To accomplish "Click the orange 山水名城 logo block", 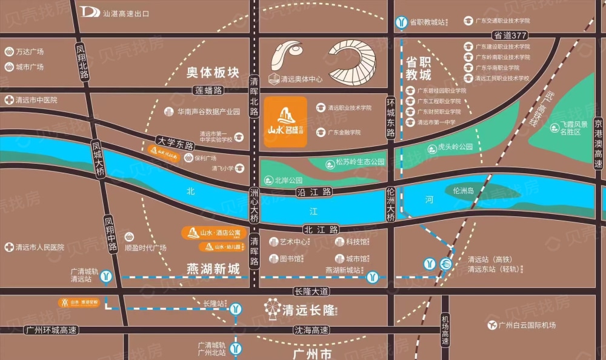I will click(285, 121).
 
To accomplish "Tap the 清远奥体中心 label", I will click(301, 79).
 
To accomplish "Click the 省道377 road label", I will click(510, 36).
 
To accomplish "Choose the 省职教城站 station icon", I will click(401, 22).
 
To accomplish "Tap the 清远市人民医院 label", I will click(39, 247).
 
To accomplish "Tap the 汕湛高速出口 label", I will click(125, 13).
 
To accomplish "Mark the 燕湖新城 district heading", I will click(213, 268).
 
